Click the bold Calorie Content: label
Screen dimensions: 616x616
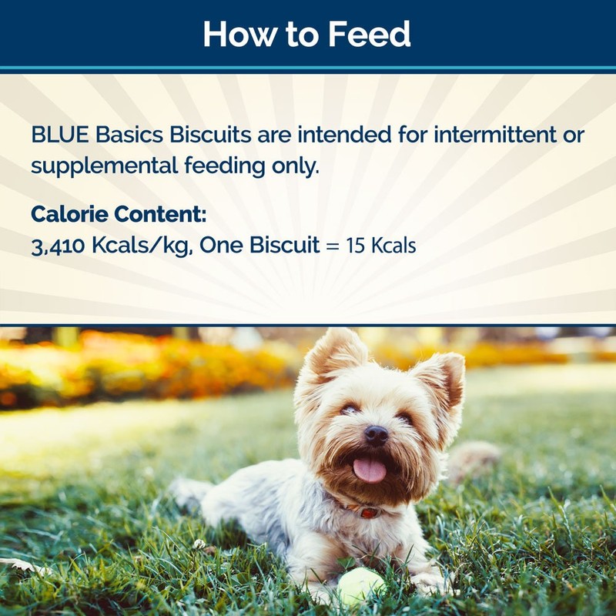119,214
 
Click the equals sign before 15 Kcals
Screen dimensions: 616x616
330,246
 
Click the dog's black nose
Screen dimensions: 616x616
376,435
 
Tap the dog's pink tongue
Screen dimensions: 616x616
370,469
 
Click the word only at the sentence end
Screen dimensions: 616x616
296,166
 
